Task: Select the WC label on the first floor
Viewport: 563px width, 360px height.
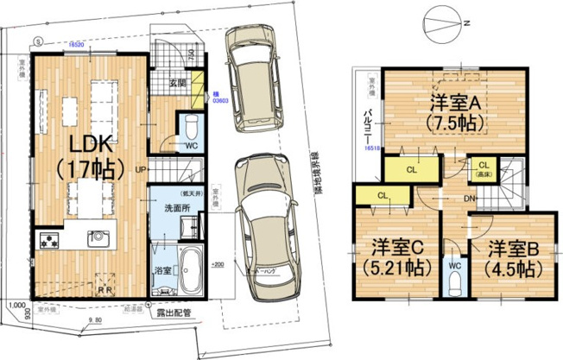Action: (x=192, y=145)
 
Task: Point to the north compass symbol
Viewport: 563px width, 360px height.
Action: (x=442, y=18)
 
